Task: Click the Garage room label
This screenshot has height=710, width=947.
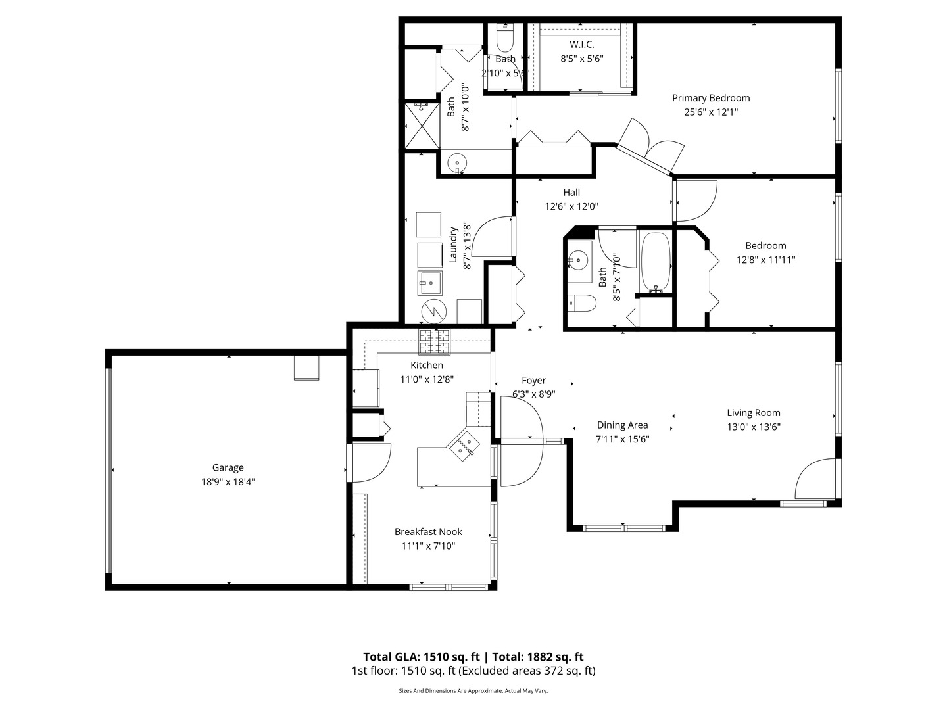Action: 228,467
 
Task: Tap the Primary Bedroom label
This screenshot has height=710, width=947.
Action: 710,98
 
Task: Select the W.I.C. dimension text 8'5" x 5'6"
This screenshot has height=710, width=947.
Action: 581,59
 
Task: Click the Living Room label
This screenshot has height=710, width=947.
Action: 753,413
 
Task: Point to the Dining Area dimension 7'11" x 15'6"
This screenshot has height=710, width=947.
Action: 622,439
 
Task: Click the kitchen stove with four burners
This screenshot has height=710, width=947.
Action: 435,342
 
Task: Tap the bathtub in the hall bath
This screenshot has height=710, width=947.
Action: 656,262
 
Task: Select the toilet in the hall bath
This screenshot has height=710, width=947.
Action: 581,303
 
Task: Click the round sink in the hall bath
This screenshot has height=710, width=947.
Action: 578,260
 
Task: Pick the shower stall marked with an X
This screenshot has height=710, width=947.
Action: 421,126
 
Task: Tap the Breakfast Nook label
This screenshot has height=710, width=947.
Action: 428,532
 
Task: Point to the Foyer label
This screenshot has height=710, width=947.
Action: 533,380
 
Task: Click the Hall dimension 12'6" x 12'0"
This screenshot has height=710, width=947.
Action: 571,206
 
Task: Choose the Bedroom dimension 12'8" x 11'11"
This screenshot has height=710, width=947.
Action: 765,260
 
